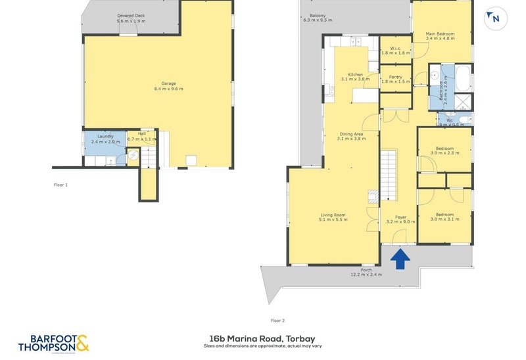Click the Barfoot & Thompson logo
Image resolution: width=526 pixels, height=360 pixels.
pyautogui.click(x=53, y=343)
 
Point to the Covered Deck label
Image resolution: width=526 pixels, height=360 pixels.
pyautogui.click(x=132, y=14)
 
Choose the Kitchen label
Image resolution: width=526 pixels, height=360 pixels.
pyautogui.click(x=356, y=75)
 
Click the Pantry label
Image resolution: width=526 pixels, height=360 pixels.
pyautogui.click(x=395, y=77)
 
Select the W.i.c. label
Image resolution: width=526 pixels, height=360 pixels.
pyautogui.click(x=395, y=47)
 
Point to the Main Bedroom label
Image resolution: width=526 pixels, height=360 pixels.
pyautogui.click(x=440, y=34)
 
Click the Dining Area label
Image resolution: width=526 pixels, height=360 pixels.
pyautogui.click(x=350, y=134)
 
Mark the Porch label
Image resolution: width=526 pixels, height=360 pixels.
pyautogui.click(x=366, y=269)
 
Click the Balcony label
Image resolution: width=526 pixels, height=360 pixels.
pyautogui.click(x=318, y=16)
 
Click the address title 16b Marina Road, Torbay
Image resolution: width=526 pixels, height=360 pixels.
pyautogui.click(x=263, y=338)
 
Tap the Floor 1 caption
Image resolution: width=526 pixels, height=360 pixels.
pyautogui.click(x=60, y=185)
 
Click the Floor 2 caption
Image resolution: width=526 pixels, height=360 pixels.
pyautogui.click(x=277, y=320)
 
